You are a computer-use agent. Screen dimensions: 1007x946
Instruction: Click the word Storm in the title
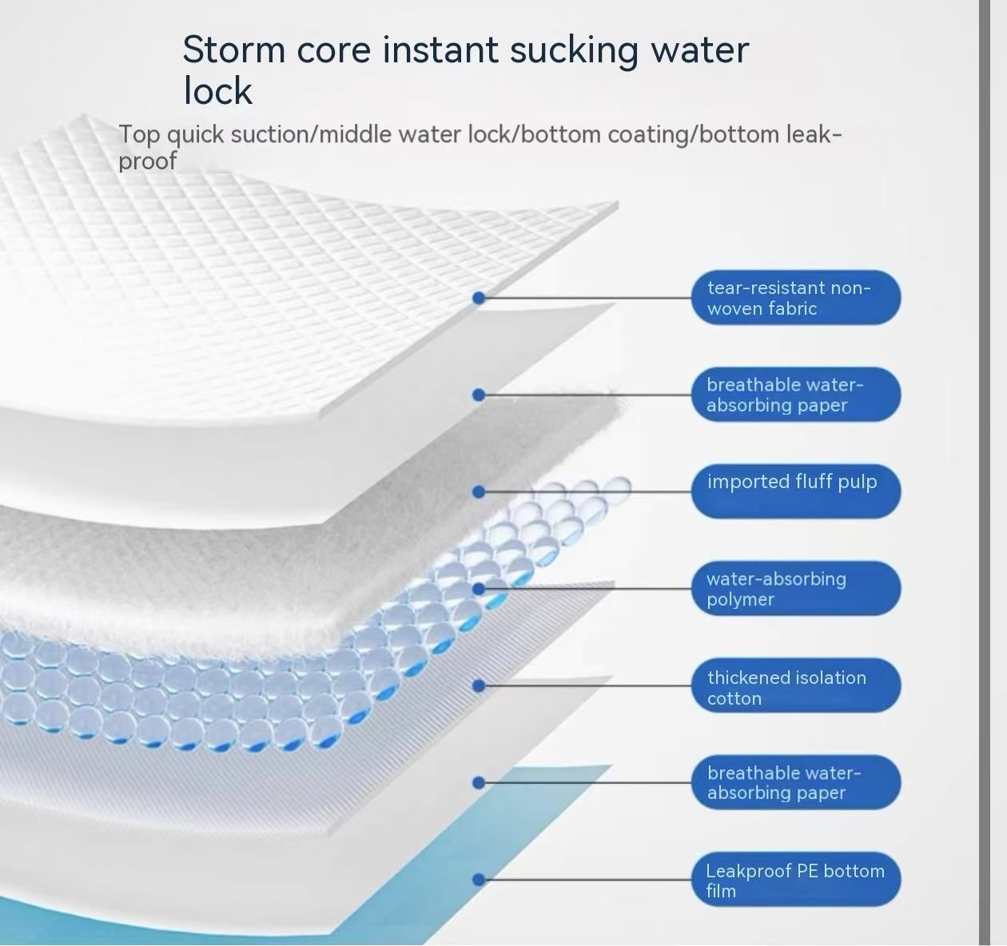233,50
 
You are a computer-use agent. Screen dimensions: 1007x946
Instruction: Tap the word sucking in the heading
574,50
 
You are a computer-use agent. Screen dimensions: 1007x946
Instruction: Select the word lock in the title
218,91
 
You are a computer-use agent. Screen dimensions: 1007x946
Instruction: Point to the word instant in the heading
440,50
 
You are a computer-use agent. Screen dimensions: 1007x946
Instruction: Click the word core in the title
333,50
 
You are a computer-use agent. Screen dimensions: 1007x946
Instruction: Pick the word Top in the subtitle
139,135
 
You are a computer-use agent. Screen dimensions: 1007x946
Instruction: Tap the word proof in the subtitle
148,161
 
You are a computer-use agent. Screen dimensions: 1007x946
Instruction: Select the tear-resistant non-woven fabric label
796,297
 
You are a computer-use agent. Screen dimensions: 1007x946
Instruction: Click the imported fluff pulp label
796,491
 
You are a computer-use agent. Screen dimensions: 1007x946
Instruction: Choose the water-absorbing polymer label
796,588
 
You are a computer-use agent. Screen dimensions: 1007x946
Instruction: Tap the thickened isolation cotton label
796,686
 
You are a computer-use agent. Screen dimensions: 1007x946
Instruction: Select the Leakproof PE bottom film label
796,880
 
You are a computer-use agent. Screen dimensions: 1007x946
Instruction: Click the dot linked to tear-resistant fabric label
478,298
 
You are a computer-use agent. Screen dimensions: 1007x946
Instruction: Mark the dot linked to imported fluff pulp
478,491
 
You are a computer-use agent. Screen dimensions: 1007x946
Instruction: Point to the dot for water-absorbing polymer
478,589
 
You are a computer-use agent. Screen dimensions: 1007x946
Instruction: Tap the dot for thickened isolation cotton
478,686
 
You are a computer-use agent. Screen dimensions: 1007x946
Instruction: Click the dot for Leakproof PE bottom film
478,880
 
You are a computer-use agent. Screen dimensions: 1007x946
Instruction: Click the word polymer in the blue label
740,600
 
